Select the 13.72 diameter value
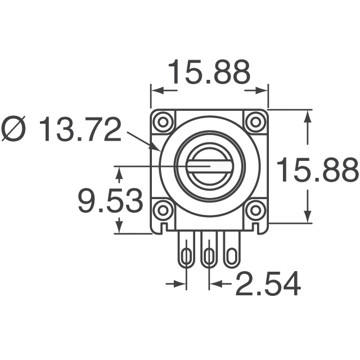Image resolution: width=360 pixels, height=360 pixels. pyautogui.click(x=80, y=130)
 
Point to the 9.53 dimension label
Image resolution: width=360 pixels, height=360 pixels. pyautogui.click(x=110, y=201)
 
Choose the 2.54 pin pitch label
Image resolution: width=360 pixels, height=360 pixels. pyautogui.click(x=268, y=284)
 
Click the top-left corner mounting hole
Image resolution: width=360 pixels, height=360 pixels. pyautogui.click(x=164, y=121)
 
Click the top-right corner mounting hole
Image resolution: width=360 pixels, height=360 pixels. pyautogui.click(x=255, y=121)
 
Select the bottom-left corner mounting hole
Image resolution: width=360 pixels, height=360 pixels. pyautogui.click(x=164, y=210)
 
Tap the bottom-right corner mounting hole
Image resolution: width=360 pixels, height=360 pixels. pyautogui.click(x=255, y=210)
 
